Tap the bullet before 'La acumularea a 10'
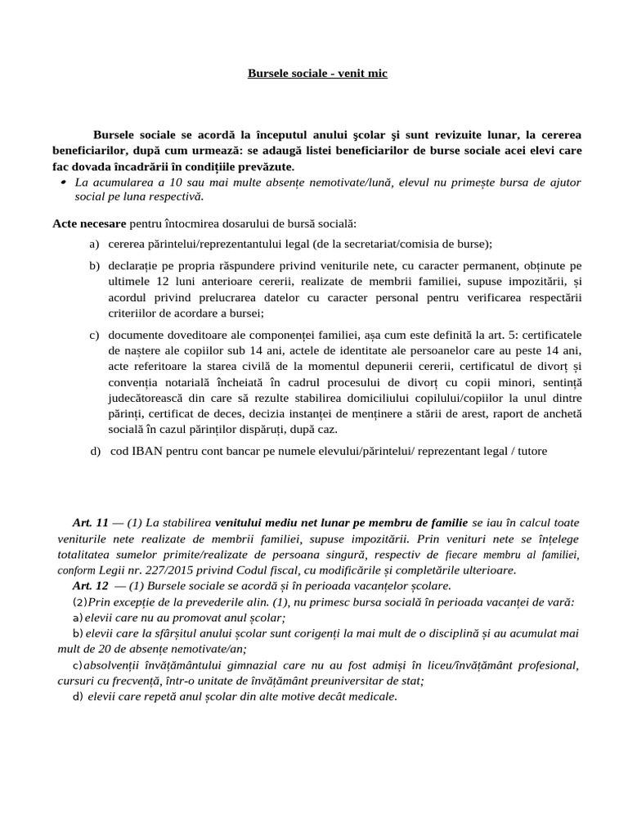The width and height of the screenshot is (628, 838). coord(63,182)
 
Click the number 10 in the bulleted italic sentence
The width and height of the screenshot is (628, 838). coord(170,182)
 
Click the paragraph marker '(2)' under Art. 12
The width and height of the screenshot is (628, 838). coord(79,601)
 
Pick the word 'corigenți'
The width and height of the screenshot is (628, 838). coord(307,633)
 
